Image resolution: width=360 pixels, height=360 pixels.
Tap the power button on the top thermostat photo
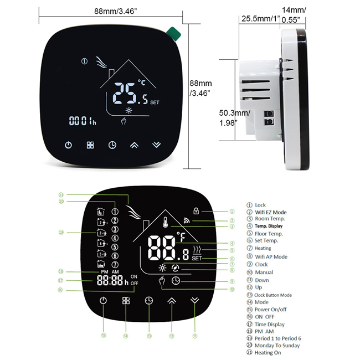tap(69, 145)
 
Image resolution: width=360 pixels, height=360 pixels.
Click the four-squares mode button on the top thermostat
tap(90, 145)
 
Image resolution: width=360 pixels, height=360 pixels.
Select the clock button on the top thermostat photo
tap(112, 145)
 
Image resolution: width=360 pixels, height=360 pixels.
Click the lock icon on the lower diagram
tap(196, 211)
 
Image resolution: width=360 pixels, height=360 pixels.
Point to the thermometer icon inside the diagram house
tap(166, 224)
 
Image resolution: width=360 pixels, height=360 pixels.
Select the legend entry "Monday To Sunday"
tap(277, 346)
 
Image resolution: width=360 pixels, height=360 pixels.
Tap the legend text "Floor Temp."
tap(269, 234)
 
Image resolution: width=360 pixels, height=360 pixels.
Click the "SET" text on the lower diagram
tap(197, 258)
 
